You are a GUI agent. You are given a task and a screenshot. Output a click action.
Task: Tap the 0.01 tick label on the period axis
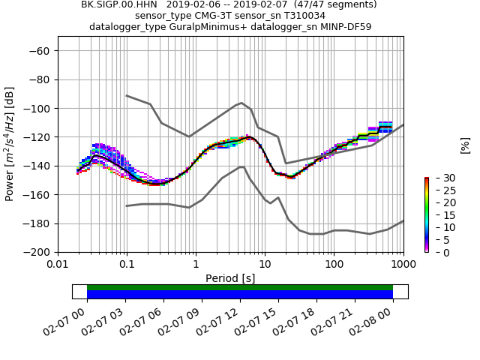(x=58, y=265)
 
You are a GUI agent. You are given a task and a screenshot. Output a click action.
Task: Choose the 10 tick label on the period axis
(x=265, y=265)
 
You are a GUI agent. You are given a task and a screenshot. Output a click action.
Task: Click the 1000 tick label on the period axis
(x=403, y=265)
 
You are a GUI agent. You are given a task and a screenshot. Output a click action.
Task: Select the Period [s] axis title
(x=230, y=278)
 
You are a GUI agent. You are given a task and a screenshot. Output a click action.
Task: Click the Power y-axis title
(x=10, y=151)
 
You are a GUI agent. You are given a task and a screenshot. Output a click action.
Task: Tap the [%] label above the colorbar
(x=465, y=145)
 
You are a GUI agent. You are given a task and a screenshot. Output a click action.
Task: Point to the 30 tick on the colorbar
(x=437, y=178)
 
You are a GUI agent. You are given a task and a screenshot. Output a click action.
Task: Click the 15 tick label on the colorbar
(x=437, y=215)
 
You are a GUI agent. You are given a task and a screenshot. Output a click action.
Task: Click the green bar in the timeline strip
(x=240, y=287)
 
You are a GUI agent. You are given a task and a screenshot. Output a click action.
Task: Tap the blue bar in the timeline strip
(x=240, y=295)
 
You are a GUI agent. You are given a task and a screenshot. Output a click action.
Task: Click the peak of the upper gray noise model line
(x=241, y=103)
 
